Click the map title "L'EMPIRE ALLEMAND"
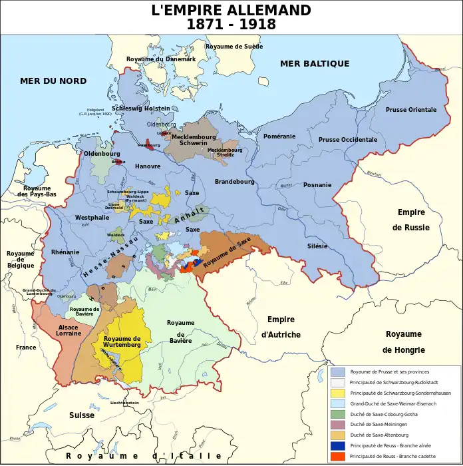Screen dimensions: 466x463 point(231,10)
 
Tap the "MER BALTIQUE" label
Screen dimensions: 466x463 point(315,63)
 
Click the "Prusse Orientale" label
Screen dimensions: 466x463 point(411,110)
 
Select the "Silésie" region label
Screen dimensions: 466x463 point(317,246)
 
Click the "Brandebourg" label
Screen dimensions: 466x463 point(234,181)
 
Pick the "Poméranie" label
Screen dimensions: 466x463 point(279,136)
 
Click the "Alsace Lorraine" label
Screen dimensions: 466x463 point(69,330)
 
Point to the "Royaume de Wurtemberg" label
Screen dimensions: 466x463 point(122,341)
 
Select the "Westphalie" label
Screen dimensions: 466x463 point(92,218)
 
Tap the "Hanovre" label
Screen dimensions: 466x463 point(148,166)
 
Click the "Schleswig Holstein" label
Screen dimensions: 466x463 point(141,108)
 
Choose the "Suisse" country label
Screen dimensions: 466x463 point(81,415)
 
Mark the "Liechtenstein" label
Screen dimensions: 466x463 point(124,403)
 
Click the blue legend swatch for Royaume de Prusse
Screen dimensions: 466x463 point(338,371)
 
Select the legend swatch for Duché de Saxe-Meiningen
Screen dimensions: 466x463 point(338,424)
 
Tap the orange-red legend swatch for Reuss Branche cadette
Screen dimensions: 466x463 point(338,456)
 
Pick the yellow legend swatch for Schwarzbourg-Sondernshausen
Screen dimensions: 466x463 point(338,393)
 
